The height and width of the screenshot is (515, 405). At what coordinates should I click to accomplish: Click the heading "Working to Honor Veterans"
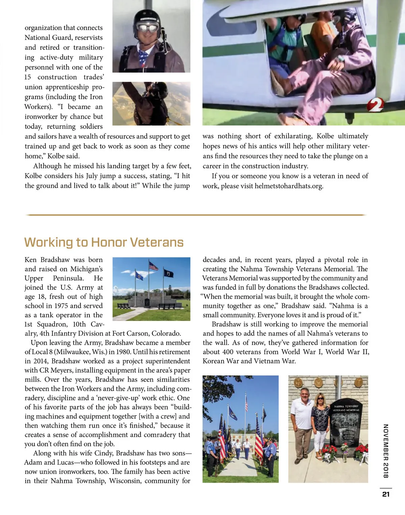[104, 242]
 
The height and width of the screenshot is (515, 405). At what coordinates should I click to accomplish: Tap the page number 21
[386, 494]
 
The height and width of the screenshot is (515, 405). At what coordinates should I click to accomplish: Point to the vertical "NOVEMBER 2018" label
[386, 451]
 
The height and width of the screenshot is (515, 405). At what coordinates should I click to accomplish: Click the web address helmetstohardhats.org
[289, 186]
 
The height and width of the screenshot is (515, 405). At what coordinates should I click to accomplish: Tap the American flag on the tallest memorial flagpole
[154, 266]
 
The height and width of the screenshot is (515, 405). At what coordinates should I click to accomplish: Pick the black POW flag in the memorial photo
[168, 273]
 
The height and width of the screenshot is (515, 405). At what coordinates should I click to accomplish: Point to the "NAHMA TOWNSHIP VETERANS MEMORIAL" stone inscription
[346, 408]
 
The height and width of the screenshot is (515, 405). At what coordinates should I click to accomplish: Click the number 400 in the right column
[228, 352]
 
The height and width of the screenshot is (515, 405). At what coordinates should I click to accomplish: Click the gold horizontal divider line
[196, 215]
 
